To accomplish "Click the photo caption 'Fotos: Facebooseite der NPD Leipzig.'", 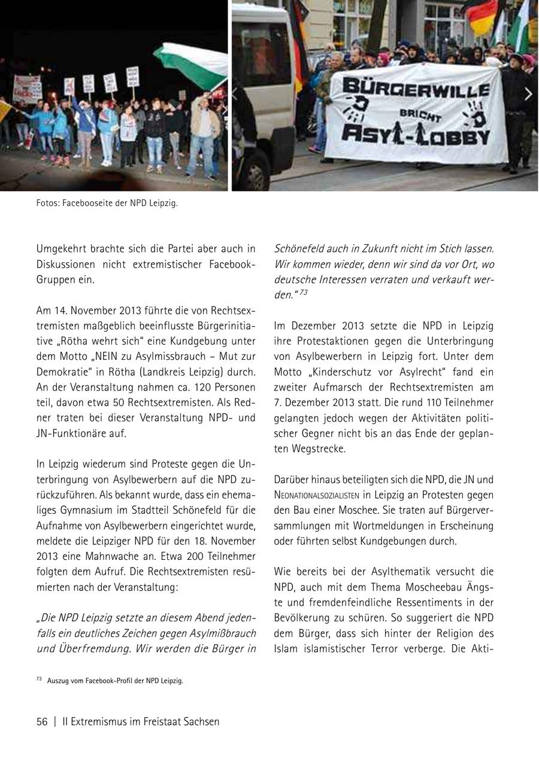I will point(107,204).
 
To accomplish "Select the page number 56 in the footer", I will point(42,722).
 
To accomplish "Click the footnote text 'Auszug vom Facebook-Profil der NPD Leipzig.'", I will point(115,681).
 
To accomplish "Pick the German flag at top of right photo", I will point(482,16).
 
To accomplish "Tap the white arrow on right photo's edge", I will point(528,94).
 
